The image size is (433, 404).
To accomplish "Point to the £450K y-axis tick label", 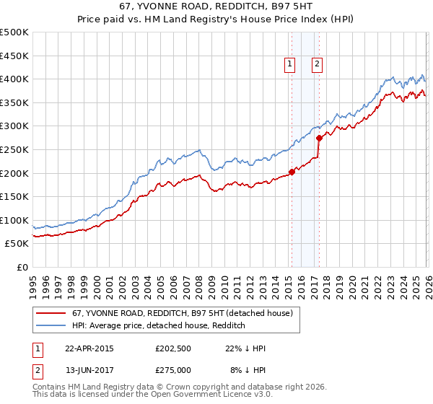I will coord(14,56).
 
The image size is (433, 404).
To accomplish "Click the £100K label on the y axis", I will coord(14,220).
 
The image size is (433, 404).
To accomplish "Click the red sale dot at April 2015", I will coord(292,172).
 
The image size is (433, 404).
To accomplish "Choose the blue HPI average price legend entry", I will coord(159,326).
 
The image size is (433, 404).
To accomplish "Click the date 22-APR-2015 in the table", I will coord(89,348).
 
